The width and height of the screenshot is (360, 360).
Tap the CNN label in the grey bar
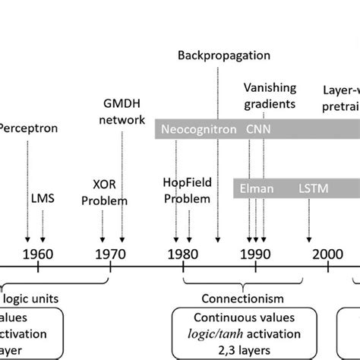click(257, 129)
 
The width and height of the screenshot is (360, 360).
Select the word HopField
click(183, 184)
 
